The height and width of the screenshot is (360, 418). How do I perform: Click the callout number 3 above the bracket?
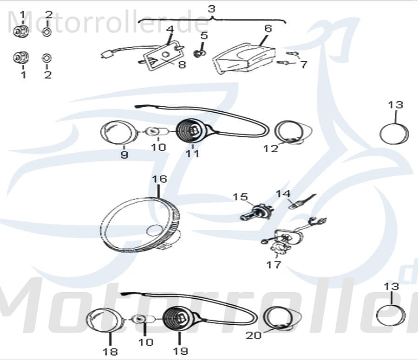pyautogui.click(x=211, y=9)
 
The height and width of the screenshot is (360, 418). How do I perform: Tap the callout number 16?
pyautogui.click(x=159, y=179)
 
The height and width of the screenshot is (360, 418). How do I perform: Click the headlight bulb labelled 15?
pyautogui.click(x=256, y=212)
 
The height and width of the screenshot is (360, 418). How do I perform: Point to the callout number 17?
pyautogui.click(x=274, y=264)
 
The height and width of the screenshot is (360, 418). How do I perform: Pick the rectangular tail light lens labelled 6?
pyautogui.click(x=243, y=58)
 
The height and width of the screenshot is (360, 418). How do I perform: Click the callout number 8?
pyautogui.click(x=182, y=64)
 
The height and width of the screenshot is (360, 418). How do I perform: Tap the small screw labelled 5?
pyautogui.click(x=199, y=53)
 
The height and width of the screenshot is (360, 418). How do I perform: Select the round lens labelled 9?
pyautogui.click(x=118, y=133)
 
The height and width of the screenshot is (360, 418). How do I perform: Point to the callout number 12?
pyautogui.click(x=271, y=148)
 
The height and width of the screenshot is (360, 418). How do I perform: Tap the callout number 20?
pyautogui.click(x=253, y=335)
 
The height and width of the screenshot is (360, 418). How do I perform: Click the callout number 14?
pyautogui.click(x=283, y=193)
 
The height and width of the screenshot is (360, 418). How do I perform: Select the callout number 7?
pyautogui.click(x=304, y=64)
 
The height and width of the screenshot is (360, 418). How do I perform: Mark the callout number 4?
pyautogui.click(x=170, y=29)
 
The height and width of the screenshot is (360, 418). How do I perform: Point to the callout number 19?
pyautogui.click(x=181, y=351)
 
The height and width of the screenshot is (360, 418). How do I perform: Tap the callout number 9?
pyautogui.click(x=124, y=154)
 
